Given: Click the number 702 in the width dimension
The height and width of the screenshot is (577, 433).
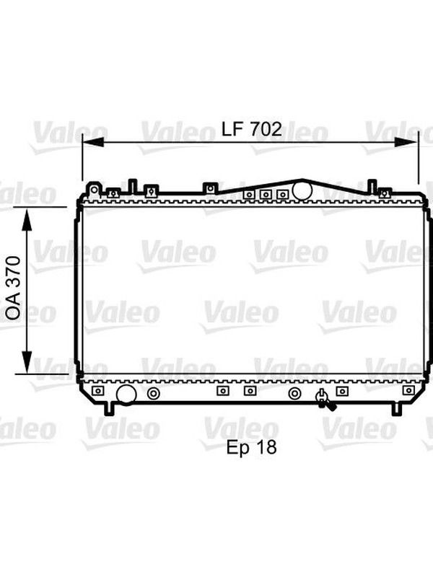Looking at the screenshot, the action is click(x=266, y=129).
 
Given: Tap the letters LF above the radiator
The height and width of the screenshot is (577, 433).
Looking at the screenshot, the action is click(x=233, y=129).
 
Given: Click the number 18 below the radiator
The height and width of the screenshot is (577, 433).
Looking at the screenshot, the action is click(x=267, y=446).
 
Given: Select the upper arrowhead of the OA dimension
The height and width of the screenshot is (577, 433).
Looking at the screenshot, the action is click(x=27, y=219).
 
